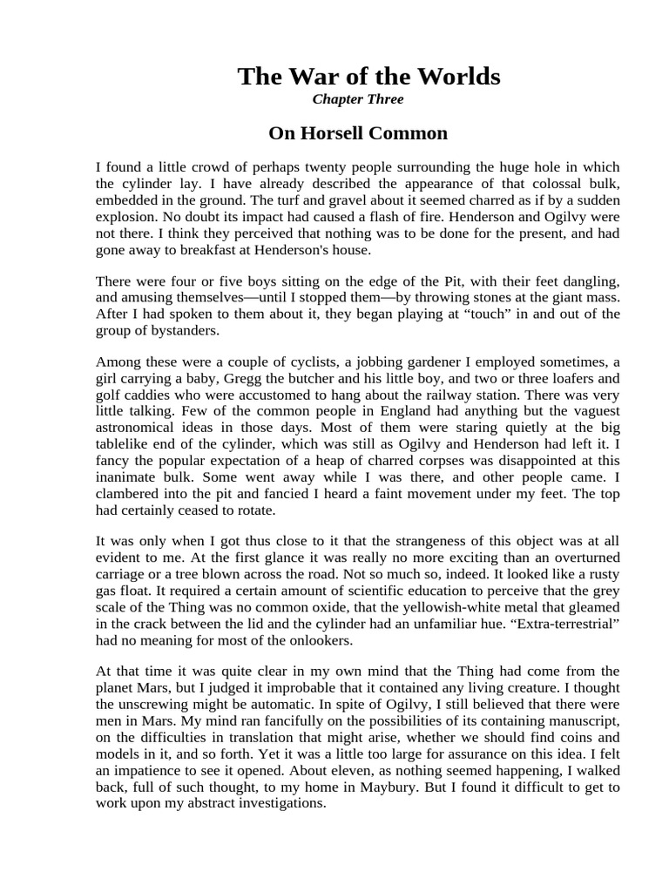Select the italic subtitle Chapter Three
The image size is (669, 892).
click(357, 99)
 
